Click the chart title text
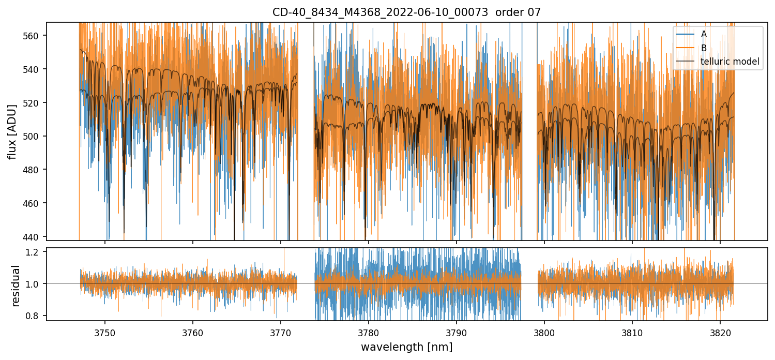[406, 12]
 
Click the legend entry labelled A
[704, 34]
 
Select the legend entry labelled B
[704, 48]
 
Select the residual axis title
[16, 286]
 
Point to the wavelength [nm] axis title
[406, 347]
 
